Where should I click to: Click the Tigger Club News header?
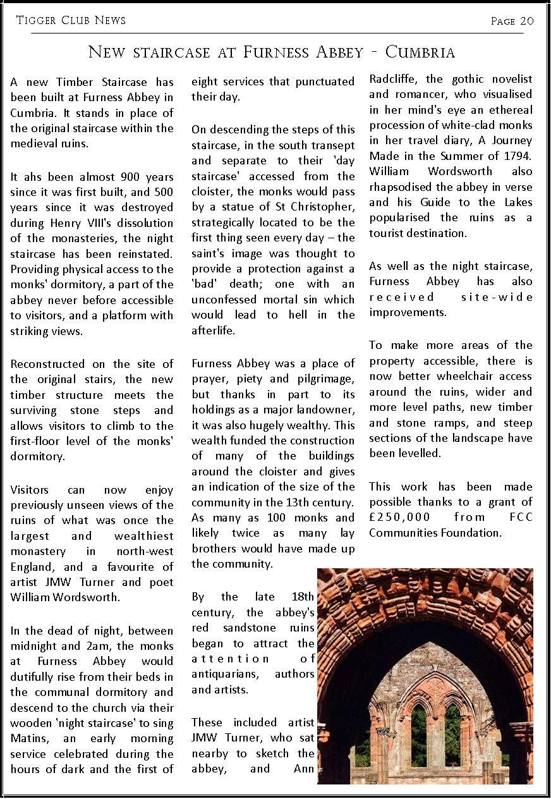tap(71, 21)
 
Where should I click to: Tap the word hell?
tap(286, 315)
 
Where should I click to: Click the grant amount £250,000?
tap(400, 517)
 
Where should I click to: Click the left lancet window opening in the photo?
tap(418, 727)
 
